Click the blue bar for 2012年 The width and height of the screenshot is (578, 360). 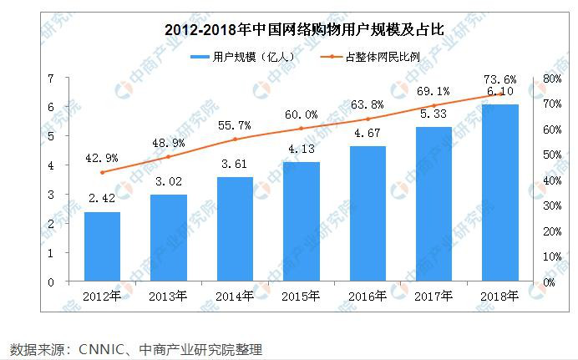click(x=102, y=246)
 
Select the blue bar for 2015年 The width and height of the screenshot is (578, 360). click(x=302, y=221)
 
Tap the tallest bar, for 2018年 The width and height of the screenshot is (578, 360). click(x=499, y=193)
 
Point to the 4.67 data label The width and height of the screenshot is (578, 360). click(x=368, y=132)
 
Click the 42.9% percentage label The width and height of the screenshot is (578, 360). click(x=101, y=157)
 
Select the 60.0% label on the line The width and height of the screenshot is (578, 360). click(x=302, y=114)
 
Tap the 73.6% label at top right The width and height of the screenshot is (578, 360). click(x=499, y=79)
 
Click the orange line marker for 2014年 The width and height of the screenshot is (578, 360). click(x=236, y=139)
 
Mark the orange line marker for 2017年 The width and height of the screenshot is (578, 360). click(x=433, y=105)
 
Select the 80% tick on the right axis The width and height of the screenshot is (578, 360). click(x=550, y=79)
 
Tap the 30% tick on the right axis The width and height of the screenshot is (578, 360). click(x=550, y=205)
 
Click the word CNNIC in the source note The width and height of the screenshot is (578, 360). click(x=103, y=348)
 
